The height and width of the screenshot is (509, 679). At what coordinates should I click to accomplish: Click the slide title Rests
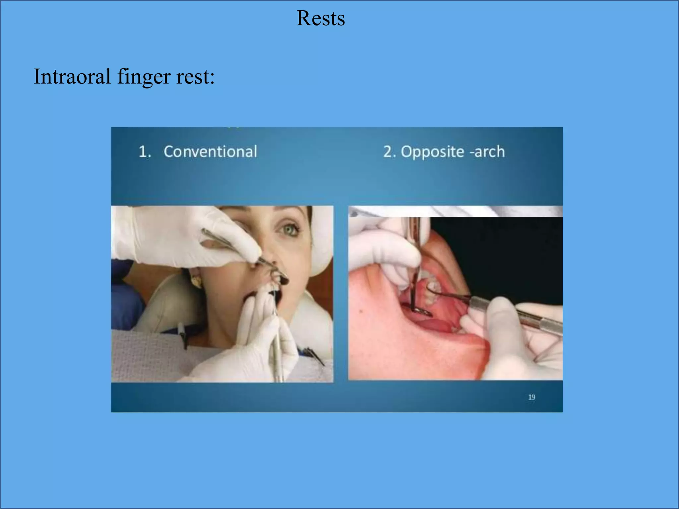[320, 18]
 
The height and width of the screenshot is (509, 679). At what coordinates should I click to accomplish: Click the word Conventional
[210, 151]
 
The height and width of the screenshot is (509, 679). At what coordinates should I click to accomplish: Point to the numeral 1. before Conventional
[145, 152]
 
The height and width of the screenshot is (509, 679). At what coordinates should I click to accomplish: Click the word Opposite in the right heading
[432, 152]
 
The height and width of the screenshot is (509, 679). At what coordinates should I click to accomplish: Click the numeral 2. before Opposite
[390, 152]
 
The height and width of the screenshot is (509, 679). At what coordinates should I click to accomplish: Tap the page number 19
[531, 397]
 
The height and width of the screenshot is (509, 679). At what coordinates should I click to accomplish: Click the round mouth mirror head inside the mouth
[421, 311]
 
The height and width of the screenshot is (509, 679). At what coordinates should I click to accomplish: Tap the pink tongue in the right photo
[431, 325]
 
